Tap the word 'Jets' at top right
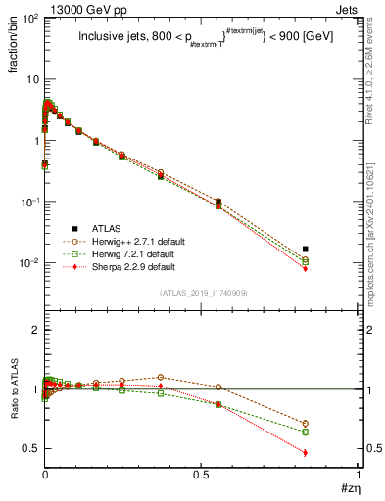pos(348,9)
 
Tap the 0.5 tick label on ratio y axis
pos(29,448)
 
